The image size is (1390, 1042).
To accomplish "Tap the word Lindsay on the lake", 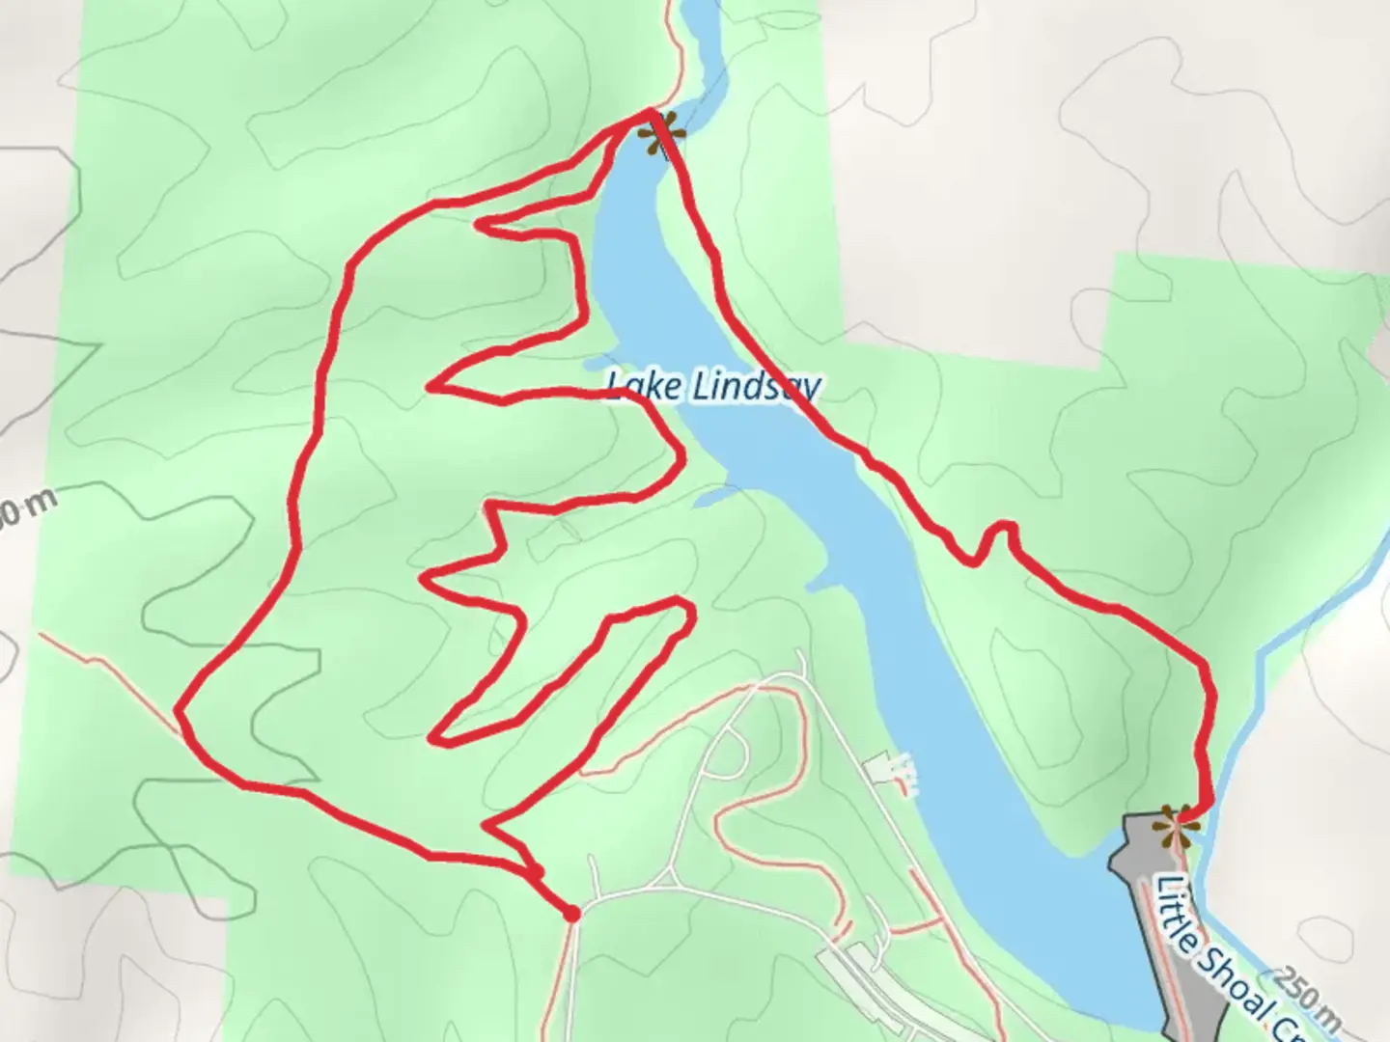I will pyautogui.click(x=755, y=388).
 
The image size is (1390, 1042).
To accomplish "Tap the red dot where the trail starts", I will pyautogui.click(x=571, y=913).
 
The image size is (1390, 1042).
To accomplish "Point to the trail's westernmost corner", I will pyautogui.click(x=179, y=711).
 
